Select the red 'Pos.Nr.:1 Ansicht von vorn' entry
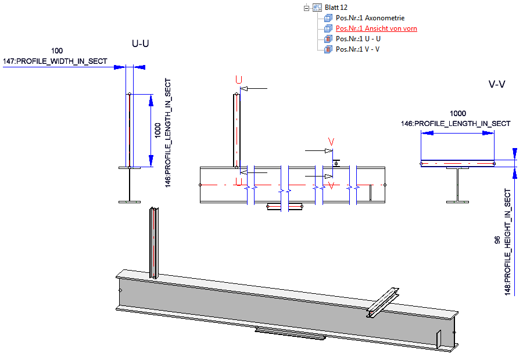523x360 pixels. (x=376, y=28)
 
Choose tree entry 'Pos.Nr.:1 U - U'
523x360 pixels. (x=358, y=39)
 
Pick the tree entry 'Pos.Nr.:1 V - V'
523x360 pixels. (x=357, y=49)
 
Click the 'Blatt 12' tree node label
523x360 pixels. (x=336, y=8)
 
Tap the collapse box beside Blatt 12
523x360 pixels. (x=306, y=8)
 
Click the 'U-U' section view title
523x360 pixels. (x=141, y=44)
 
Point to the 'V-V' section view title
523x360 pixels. (x=497, y=85)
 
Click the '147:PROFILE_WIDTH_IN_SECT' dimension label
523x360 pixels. (x=55, y=61)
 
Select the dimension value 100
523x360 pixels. (x=58, y=52)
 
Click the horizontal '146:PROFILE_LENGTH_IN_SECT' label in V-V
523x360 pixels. (x=456, y=124)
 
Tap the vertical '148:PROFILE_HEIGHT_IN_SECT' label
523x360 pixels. (x=507, y=241)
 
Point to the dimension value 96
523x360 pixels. (x=497, y=240)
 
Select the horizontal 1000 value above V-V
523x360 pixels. (x=458, y=114)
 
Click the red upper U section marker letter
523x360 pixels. (x=238, y=80)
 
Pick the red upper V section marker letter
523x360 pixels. (x=331, y=142)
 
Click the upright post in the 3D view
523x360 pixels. (x=153, y=241)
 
